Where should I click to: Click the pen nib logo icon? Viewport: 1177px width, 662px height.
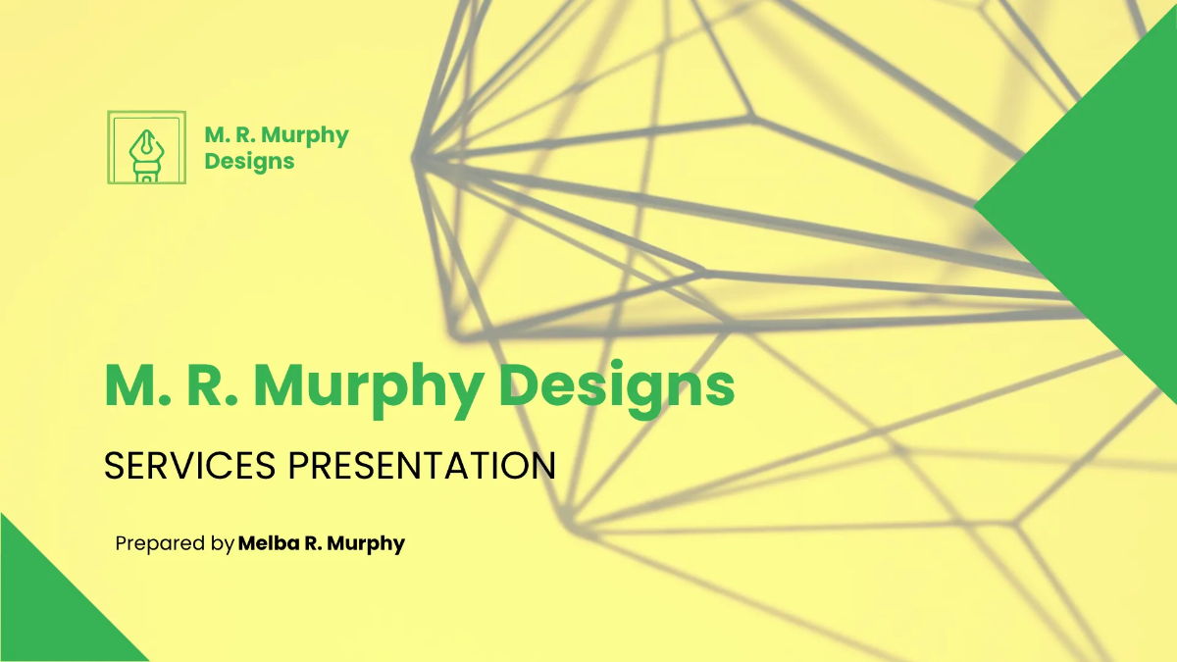coord(146,147)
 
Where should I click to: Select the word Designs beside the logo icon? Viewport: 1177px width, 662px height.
coord(249,161)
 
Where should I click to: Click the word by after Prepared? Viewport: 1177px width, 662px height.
coord(223,543)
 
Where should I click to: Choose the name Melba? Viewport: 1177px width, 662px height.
coord(267,543)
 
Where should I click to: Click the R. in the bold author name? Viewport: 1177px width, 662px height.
coord(313,543)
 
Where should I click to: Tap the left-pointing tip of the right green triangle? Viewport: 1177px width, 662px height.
coord(978,208)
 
